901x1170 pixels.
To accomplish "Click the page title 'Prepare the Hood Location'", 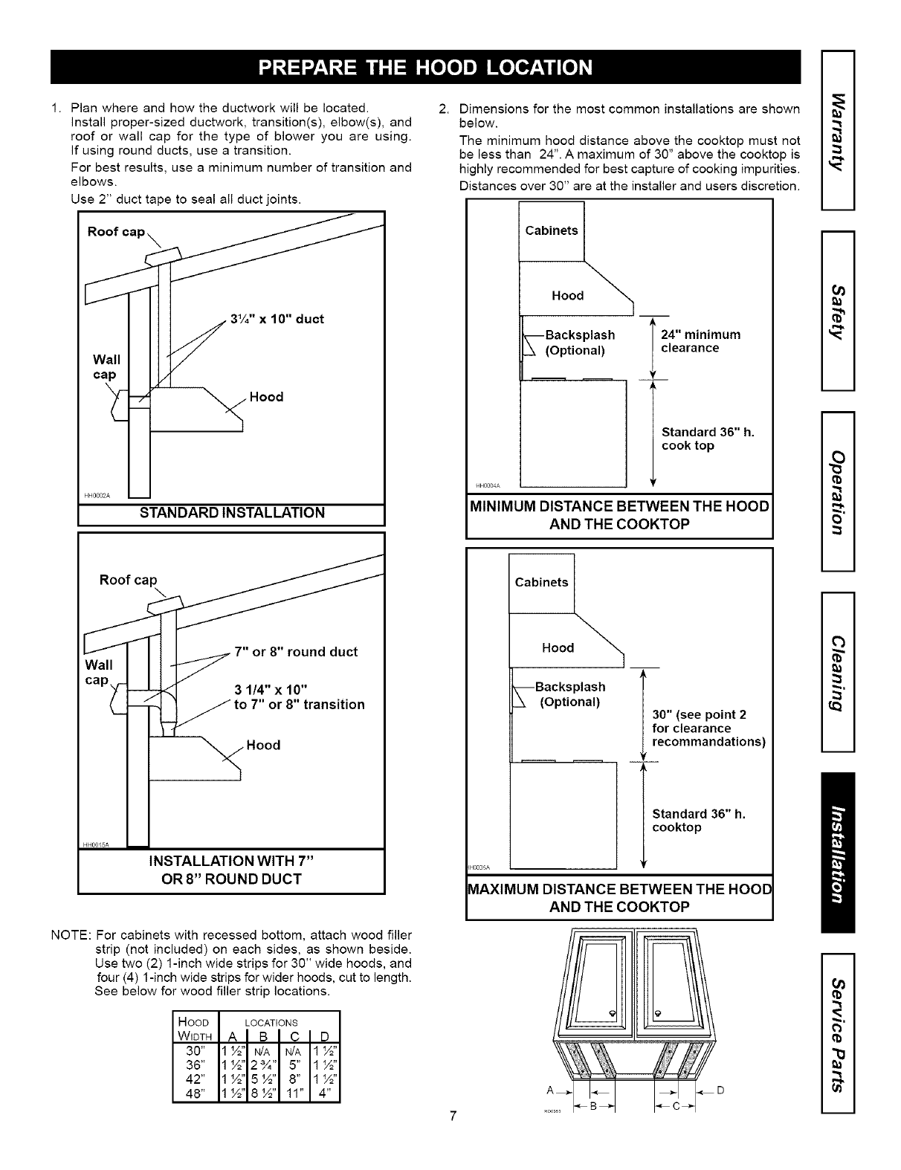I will [424, 67].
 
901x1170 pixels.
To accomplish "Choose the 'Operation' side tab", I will [838, 491].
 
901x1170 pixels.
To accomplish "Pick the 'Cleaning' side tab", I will [838, 673].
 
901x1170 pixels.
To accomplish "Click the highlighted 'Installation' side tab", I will [838, 852].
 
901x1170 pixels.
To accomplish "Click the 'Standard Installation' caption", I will [230, 513].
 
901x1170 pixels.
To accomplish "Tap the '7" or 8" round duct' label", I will [296, 652].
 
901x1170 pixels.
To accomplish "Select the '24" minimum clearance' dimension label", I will [700, 341].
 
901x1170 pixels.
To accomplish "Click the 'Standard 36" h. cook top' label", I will [707, 439].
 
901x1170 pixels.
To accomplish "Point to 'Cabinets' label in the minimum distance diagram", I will [551, 230].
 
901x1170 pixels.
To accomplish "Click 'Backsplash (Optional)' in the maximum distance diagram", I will [571, 694].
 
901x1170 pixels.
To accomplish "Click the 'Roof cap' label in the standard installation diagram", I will [116, 232].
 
